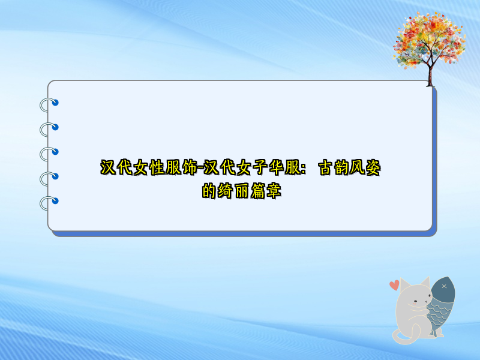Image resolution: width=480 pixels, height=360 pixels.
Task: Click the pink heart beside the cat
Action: pyautogui.click(x=394, y=285)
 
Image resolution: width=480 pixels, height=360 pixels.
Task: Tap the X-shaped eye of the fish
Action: pyautogui.click(x=444, y=286)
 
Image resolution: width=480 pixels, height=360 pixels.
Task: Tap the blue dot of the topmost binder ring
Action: pyautogui.click(x=56, y=103)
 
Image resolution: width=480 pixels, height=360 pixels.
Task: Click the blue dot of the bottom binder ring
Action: pyautogui.click(x=56, y=200)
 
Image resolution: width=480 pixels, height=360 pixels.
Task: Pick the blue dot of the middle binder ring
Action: pyautogui.click(x=56, y=151)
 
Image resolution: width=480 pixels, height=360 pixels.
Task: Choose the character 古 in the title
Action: pyautogui.click(x=325, y=169)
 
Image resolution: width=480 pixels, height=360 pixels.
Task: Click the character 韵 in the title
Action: pyautogui.click(x=341, y=169)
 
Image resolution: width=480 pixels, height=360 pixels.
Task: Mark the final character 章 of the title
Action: pyautogui.click(x=274, y=192)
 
